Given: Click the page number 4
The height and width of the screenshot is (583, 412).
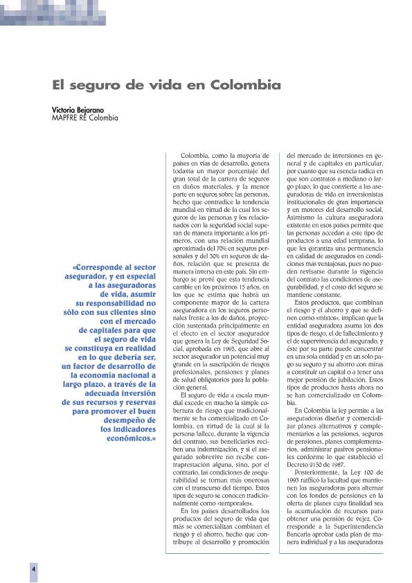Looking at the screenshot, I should click(33, 567).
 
